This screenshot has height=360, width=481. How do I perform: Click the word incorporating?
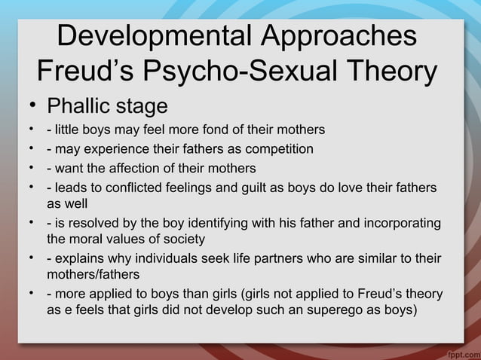[x=404, y=224]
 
